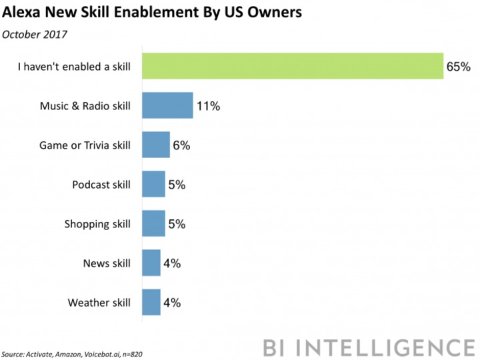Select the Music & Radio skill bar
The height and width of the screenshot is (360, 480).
[x=168, y=105]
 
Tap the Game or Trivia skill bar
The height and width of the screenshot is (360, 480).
[x=157, y=145]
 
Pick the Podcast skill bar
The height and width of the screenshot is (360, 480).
[x=154, y=184]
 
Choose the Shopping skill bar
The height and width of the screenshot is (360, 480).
[x=154, y=223]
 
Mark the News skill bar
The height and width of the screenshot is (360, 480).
[x=152, y=263]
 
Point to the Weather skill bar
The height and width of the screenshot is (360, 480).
[x=152, y=302]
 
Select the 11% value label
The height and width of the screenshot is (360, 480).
[x=208, y=106]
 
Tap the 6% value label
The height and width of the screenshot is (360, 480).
[x=181, y=145]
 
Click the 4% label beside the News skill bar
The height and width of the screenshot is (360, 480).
[x=172, y=263]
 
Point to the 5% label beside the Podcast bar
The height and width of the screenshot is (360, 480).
[x=177, y=185]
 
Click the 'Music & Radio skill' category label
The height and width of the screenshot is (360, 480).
[x=85, y=106]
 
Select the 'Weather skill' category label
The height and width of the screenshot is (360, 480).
[x=99, y=303]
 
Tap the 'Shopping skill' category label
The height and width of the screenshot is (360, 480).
[x=96, y=224]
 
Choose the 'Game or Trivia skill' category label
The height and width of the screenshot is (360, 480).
[x=84, y=145]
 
